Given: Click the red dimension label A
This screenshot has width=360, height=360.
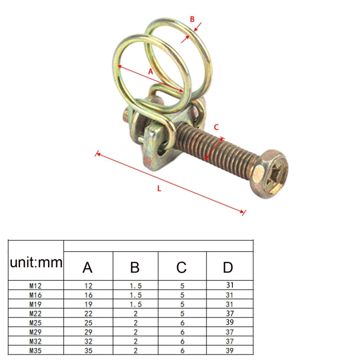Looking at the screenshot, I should pyautogui.click(x=150, y=71).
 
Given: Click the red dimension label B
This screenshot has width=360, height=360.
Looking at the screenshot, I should pyautogui.click(x=192, y=20).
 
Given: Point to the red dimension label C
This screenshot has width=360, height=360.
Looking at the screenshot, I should pyautogui.click(x=216, y=127).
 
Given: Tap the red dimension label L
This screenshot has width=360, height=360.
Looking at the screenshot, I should pyautogui.click(x=159, y=188).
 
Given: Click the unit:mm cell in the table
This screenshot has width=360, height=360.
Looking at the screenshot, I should pyautogui.click(x=36, y=263).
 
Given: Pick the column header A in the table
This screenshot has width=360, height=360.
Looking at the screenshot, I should pyautogui.click(x=87, y=267).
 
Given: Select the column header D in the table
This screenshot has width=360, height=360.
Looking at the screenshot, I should pyautogui.click(x=229, y=267).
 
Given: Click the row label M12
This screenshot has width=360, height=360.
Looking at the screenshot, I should pyautogui.click(x=36, y=285).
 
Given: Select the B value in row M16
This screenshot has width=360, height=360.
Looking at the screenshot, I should pyautogui.click(x=135, y=294).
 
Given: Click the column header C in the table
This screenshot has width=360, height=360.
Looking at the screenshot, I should pyautogui.click(x=182, y=267).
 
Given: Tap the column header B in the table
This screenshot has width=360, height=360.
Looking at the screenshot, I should pyautogui.click(x=135, y=267).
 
